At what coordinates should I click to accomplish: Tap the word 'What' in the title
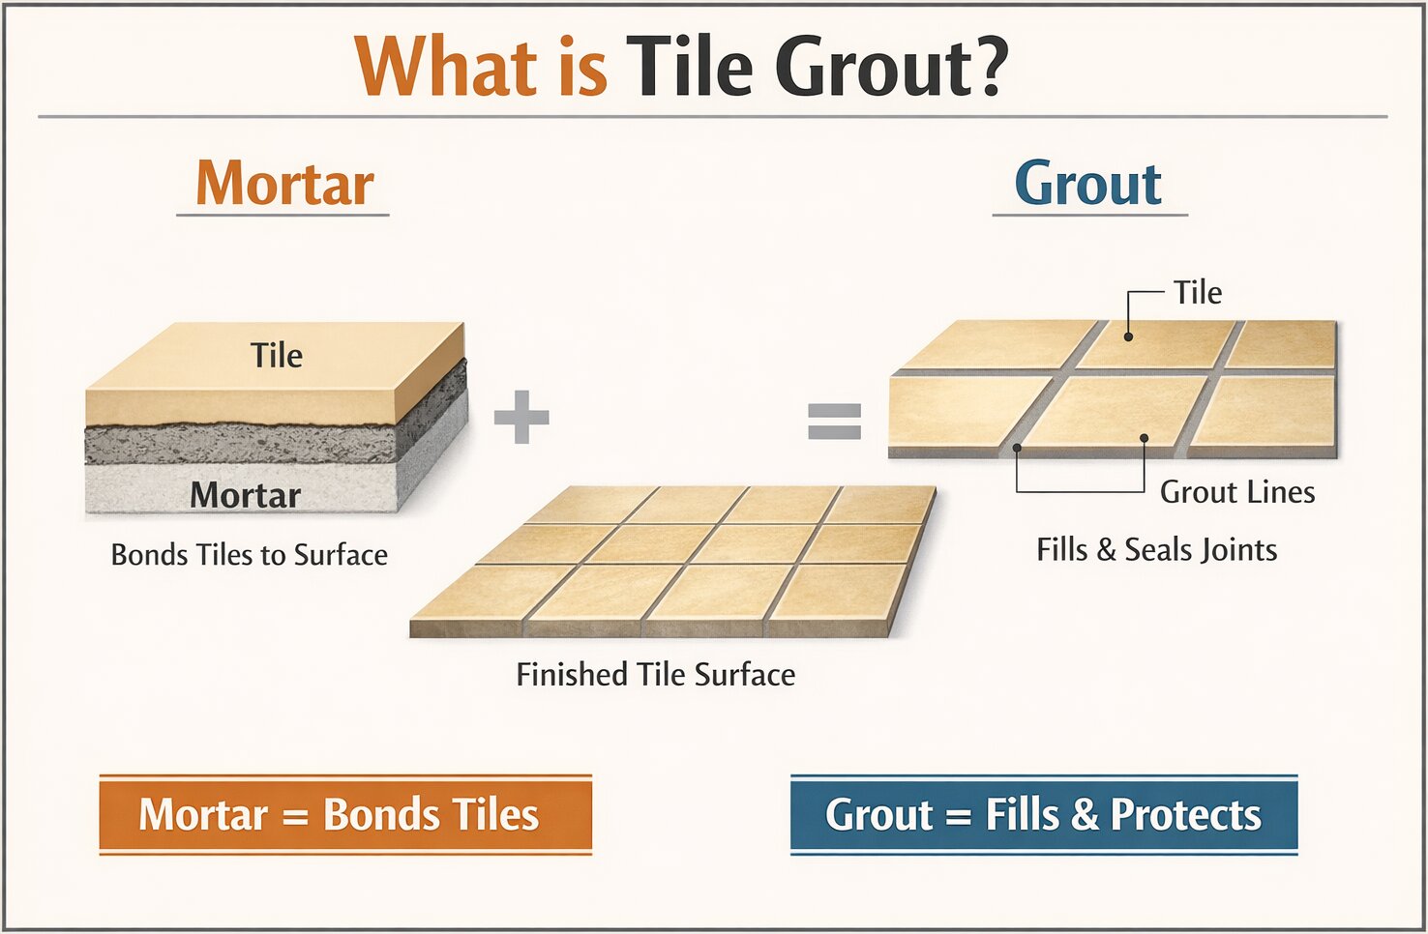(446, 68)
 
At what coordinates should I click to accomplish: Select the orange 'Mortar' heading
(284, 184)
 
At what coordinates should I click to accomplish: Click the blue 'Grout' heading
(1087, 184)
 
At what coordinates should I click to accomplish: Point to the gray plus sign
(521, 417)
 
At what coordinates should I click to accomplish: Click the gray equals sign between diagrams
(834, 421)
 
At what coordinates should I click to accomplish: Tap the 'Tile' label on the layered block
(277, 356)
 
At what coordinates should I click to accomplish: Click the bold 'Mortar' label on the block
(246, 495)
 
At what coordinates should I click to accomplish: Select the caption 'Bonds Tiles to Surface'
(250, 555)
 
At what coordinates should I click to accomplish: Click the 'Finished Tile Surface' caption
(655, 674)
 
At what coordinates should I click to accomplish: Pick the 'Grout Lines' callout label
(1237, 492)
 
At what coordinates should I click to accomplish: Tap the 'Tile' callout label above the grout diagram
(1197, 293)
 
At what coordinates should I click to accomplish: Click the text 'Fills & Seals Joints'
(1156, 550)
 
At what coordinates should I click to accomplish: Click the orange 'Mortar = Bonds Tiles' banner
(345, 814)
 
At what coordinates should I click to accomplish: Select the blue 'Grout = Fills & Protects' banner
(1043, 814)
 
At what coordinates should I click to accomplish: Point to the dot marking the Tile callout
(1128, 337)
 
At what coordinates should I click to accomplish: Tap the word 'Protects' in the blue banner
(1185, 814)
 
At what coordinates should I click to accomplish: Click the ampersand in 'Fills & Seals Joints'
(1106, 550)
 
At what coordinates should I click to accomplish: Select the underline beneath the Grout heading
(1089, 214)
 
